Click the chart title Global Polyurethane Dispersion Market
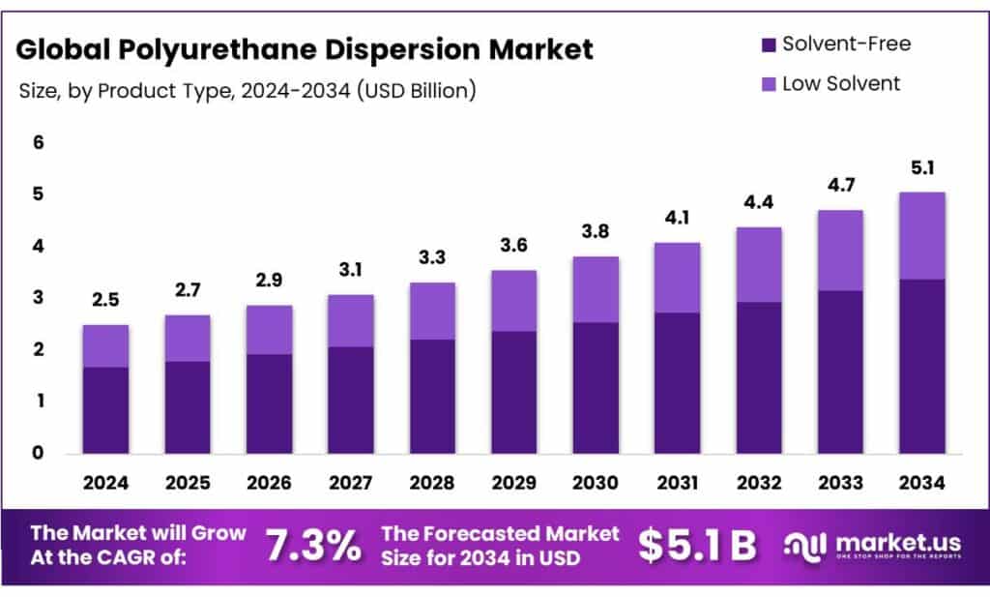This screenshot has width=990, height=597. [x=306, y=49]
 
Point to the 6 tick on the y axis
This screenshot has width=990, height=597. [x=39, y=142]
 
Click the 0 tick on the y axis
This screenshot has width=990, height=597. [x=39, y=453]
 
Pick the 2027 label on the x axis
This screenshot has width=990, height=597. [x=350, y=482]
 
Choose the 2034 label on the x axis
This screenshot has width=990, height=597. [x=921, y=482]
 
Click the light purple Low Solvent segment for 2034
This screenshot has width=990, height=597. [x=921, y=235]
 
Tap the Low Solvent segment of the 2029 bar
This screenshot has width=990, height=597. [x=513, y=300]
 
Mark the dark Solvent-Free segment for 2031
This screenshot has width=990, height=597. [x=677, y=382]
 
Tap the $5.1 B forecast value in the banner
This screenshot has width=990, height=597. [x=697, y=547]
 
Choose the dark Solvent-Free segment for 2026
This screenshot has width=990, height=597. [x=269, y=403]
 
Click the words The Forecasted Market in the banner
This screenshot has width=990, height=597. [x=500, y=534]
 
